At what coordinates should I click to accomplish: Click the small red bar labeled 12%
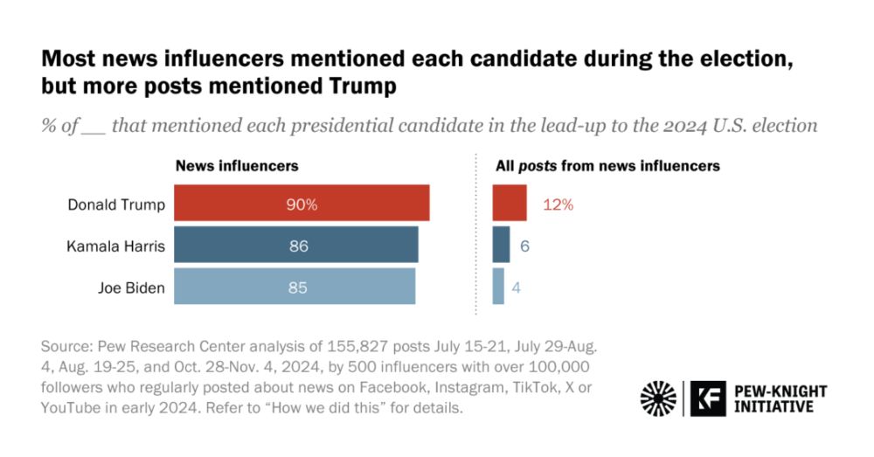(x=509, y=204)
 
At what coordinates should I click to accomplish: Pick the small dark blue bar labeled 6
(x=501, y=246)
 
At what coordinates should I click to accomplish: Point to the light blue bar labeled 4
(x=498, y=287)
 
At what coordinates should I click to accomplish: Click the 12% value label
(x=558, y=204)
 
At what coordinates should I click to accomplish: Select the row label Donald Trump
(x=116, y=204)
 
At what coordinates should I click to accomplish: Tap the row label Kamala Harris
(x=115, y=246)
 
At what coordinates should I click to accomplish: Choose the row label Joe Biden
(x=131, y=287)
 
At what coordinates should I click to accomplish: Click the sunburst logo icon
(x=658, y=398)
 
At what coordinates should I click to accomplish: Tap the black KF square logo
(x=704, y=398)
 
